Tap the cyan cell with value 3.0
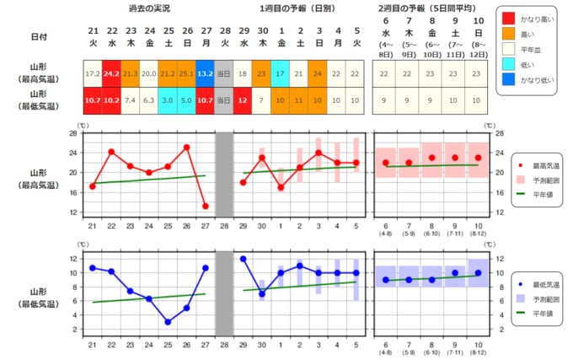(167, 100)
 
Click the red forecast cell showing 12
(243, 100)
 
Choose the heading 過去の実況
(148, 8)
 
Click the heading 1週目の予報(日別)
(300, 8)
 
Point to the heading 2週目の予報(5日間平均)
(429, 8)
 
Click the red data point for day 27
(205, 206)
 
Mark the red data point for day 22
(111, 152)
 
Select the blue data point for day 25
(167, 322)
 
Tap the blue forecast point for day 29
(243, 259)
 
